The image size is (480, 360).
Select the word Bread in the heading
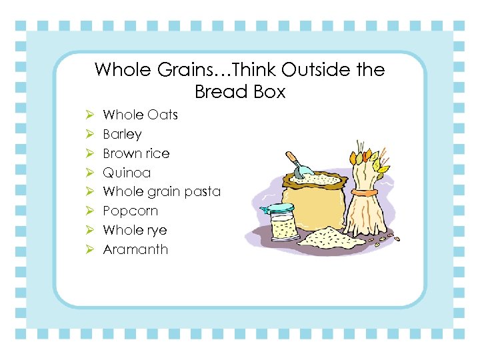click(219, 91)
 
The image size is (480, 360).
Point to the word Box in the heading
click(269, 91)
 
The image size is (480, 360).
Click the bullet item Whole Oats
click(140, 115)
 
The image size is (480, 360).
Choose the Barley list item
click(122, 134)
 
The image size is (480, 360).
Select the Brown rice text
click(136, 153)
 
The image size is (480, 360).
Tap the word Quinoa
click(127, 173)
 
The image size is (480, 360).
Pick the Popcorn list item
click(130, 211)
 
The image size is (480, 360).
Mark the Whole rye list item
click(135, 230)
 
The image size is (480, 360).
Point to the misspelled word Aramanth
click(135, 249)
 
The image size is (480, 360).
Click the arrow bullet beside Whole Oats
click(90, 115)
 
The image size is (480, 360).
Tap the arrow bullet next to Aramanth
click(90, 249)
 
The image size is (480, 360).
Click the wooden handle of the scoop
click(292, 159)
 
